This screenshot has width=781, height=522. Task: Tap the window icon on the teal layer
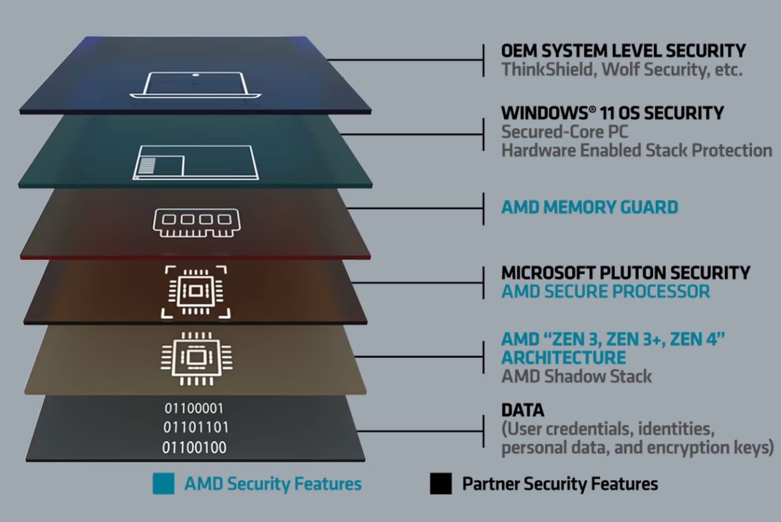coord(196,162)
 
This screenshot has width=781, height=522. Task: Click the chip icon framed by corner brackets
coord(196,292)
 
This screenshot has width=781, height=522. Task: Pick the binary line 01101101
coord(196,427)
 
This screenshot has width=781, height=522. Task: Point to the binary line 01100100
coord(194,447)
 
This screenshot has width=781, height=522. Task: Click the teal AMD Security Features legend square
coord(163,484)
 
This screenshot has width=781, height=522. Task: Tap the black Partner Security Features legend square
coord(440,484)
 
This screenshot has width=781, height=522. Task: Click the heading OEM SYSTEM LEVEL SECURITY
coord(623,51)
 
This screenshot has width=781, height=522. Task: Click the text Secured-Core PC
coord(565,132)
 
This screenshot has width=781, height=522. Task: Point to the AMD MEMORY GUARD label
coord(589,207)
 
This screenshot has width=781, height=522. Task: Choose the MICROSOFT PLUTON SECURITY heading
coord(625,273)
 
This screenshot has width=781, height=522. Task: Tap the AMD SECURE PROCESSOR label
coord(605,292)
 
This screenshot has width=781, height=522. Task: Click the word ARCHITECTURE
coord(563,358)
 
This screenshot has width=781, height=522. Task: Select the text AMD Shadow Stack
coord(577,377)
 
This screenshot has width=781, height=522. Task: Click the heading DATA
coord(523,410)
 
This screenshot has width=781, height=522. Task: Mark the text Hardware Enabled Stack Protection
coord(637,150)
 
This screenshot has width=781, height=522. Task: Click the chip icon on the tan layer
coord(197,358)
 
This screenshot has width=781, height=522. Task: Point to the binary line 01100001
coord(194,408)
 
